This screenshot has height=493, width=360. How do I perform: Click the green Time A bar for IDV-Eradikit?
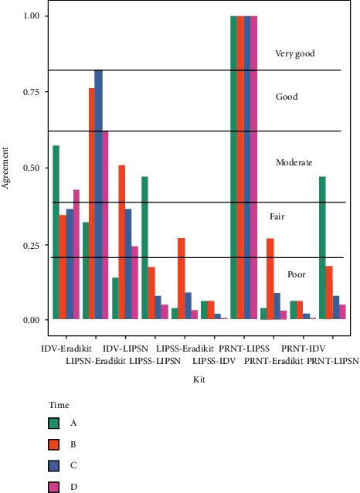coord(56,232)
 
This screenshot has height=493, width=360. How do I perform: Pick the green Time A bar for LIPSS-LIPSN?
coord(144,247)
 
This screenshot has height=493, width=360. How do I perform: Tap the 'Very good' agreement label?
coord(295,54)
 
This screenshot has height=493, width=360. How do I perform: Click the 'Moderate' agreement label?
coord(294,163)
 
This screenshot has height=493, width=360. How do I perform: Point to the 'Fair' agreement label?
coord(277,218)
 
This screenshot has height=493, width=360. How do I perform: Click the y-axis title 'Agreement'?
coord(6,168)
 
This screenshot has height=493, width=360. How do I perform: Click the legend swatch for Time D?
coord(52,487)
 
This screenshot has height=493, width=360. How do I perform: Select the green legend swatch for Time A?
coord(52,423)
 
